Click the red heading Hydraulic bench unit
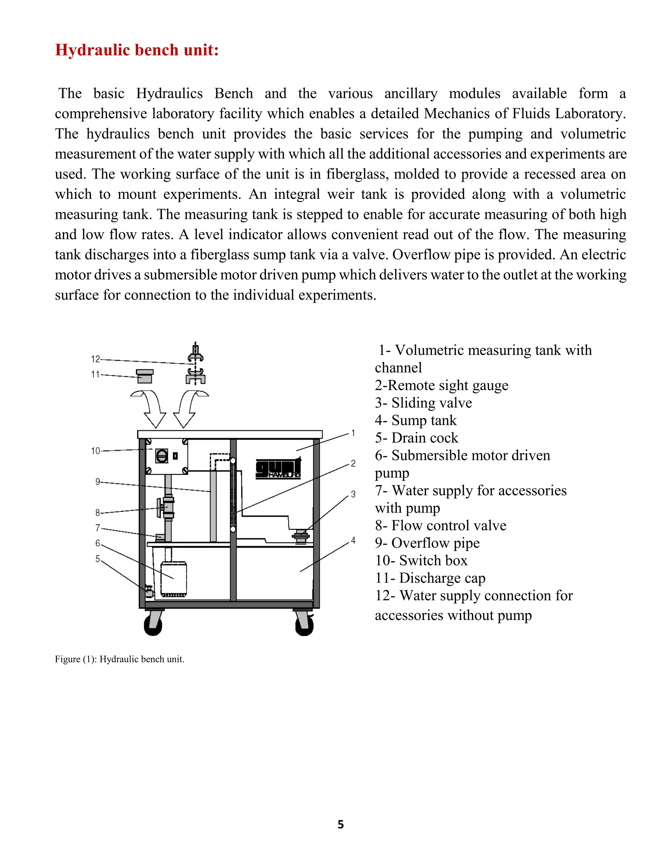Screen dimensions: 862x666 pos(137,50)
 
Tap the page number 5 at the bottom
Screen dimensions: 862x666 pos(340,824)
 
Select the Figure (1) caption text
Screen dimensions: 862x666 pos(120,659)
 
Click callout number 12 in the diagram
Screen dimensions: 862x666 pos(96,359)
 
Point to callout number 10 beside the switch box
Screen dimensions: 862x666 pos(96,451)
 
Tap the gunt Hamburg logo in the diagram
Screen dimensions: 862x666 pos(278,469)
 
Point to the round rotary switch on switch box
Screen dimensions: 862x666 pos(162,456)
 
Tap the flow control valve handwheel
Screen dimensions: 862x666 pos(159,507)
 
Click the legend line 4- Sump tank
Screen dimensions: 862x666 pos(416,420)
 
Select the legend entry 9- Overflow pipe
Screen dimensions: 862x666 pos(427,543)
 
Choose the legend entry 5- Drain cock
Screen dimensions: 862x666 pos(416,438)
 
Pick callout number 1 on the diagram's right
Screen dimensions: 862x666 pos(353,433)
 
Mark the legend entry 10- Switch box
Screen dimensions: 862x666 pos(421,560)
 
